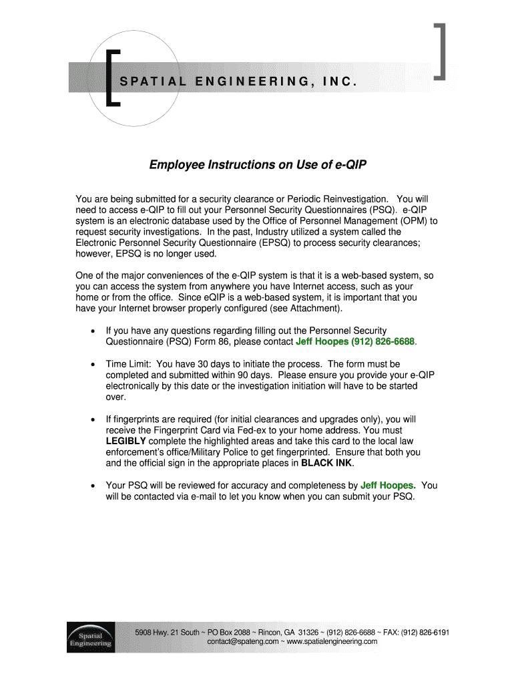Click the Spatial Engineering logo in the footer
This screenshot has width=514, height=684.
[90, 636]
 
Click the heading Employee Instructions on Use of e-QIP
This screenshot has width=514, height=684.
[258, 164]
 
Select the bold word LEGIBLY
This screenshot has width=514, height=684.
[126, 442]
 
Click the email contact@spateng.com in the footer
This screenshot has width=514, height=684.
[242, 641]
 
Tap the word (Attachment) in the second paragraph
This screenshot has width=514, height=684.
[315, 308]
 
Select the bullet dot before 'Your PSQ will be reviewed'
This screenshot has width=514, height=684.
[92, 486]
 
